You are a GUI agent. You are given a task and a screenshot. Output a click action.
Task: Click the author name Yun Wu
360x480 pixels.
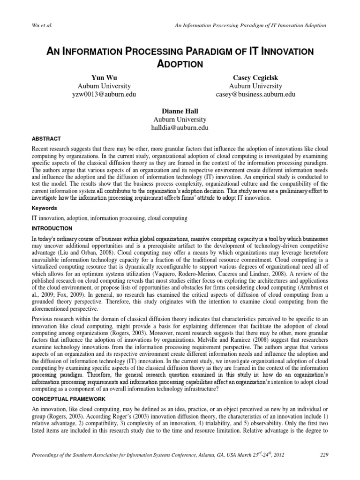[104, 77]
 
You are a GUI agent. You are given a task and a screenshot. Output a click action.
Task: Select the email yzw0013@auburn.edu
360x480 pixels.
[104, 95]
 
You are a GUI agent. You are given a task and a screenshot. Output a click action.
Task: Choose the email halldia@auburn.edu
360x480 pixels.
[180, 127]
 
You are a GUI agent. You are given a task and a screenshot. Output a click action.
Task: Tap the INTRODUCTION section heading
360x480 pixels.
[51, 228]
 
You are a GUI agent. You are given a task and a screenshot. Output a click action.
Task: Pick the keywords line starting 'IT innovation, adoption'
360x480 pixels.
[110, 218]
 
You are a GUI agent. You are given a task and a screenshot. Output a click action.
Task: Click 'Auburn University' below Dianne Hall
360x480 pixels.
[180, 119]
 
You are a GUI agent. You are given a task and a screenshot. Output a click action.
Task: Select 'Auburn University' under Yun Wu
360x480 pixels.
[104, 86]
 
